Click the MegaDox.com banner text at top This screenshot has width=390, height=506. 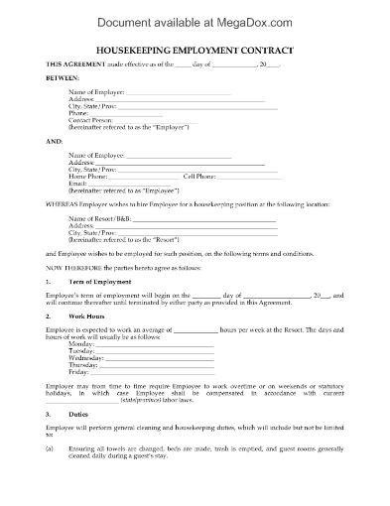click(195, 15)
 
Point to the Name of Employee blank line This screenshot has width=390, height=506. click(178, 156)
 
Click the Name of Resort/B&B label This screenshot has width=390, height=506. click(99, 216)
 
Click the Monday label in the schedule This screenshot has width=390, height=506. click(81, 344)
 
